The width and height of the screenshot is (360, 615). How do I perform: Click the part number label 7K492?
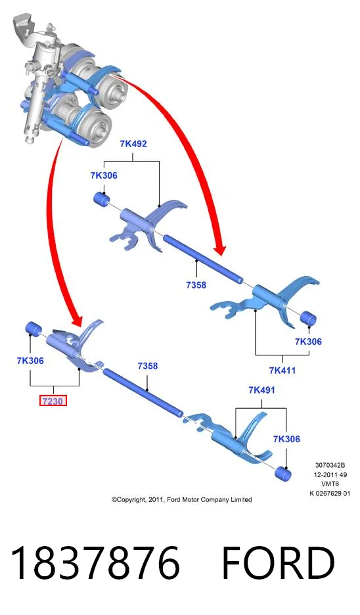[x=133, y=143]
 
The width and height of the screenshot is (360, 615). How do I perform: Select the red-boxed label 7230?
[x=53, y=401]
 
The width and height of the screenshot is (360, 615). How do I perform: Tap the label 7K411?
[x=282, y=370]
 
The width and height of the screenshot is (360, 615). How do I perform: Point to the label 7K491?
[x=261, y=390]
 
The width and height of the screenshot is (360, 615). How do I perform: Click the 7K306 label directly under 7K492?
[x=104, y=175]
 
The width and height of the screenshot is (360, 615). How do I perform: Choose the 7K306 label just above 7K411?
[x=308, y=342]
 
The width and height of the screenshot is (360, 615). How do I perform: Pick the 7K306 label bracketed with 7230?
[x=30, y=361]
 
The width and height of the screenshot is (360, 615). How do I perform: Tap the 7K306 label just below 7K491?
[x=286, y=439]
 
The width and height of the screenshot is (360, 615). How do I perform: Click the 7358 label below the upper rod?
[x=196, y=285]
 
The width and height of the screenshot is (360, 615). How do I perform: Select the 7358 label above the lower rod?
[x=147, y=366]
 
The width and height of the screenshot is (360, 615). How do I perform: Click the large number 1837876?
[x=95, y=563]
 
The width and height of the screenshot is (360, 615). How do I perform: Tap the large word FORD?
[x=278, y=563]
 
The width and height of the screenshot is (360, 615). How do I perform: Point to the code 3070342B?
[x=330, y=465]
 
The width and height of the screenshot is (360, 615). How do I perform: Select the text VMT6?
[x=330, y=484]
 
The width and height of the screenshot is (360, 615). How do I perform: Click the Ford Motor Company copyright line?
[x=181, y=499]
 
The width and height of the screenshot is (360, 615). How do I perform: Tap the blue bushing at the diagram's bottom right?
[x=282, y=474]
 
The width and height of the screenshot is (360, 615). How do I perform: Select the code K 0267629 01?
[x=330, y=493]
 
